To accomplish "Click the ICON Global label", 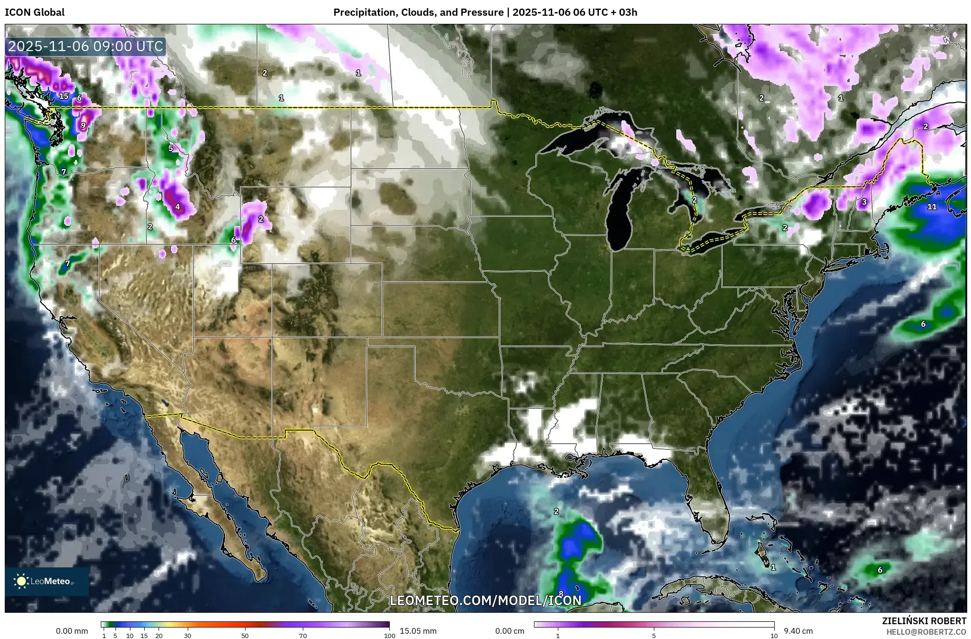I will coord(34,12).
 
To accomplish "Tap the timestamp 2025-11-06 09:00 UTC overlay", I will coord(86,46).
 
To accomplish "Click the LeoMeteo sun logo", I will coord(21,581).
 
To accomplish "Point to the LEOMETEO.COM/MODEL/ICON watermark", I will coord(485,600).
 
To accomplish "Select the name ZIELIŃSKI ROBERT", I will coord(924,621).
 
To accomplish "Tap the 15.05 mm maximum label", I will coord(418,631).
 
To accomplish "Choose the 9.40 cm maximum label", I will coord(798,631).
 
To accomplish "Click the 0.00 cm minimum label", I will coord(510,631).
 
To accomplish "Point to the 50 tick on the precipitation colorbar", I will coord(245,636).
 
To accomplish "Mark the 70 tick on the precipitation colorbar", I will coord(303,636).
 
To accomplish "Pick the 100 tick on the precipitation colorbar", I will coord(389,636).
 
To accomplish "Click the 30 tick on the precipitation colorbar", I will coord(188,636).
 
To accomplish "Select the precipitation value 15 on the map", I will coord(64,96).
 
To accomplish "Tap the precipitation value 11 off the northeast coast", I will coord(931,207).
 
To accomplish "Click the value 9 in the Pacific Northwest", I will coord(83,126).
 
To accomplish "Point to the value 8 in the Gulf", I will coord(561,594).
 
